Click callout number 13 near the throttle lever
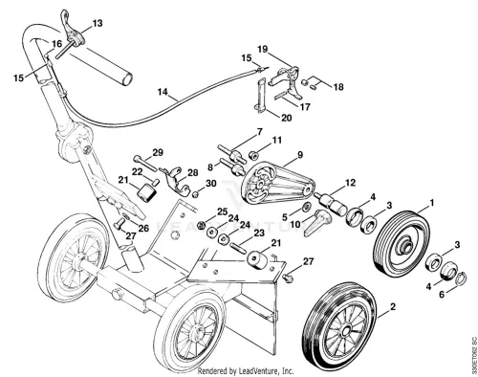coord(98,23)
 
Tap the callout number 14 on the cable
coord(163,92)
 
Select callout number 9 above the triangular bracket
coord(300,155)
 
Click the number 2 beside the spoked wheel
coord(393,307)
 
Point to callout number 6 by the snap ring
coord(442,295)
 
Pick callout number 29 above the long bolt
coord(158,152)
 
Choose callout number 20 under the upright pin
coord(287,118)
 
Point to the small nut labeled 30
coord(196,194)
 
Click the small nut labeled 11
coord(253,156)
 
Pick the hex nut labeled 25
coord(201,226)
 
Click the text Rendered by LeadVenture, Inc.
coord(246,371)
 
